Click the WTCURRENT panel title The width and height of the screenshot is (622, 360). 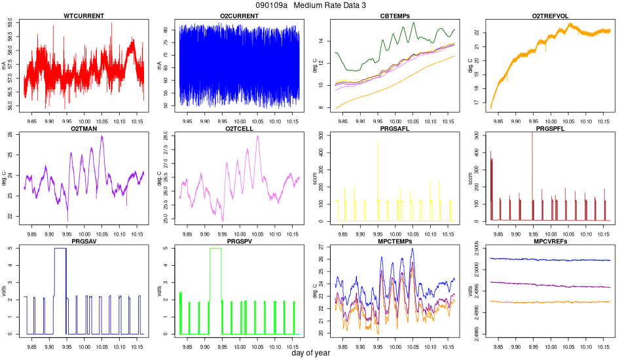pyautogui.click(x=83, y=15)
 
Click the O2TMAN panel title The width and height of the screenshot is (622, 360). pyautogui.click(x=83, y=128)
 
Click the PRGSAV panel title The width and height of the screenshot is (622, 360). pyautogui.click(x=83, y=242)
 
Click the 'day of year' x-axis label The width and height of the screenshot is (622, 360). pyautogui.click(x=310, y=353)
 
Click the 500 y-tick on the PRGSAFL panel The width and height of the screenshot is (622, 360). pyautogui.click(x=325, y=135)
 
